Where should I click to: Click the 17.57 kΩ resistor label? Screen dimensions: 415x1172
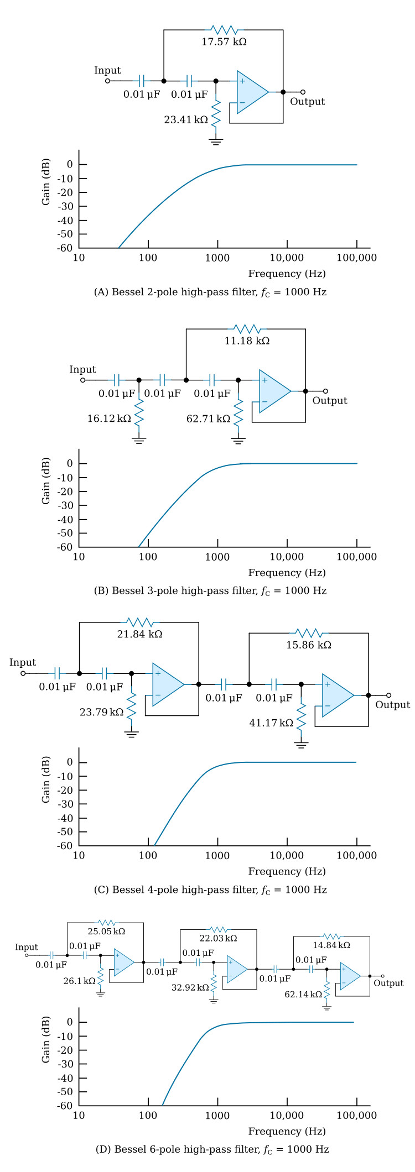pyautogui.click(x=224, y=41)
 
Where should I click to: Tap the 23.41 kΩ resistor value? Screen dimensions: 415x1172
pyautogui.click(x=186, y=119)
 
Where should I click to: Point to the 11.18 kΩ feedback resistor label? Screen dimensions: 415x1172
pyautogui.click(x=247, y=341)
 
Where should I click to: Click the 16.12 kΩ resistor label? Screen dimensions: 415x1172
pyautogui.click(x=109, y=418)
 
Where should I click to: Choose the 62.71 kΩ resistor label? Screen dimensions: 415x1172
pyautogui.click(x=208, y=418)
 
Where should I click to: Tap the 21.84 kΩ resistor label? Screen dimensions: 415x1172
pyautogui.click(x=139, y=634)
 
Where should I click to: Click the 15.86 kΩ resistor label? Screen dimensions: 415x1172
pyautogui.click(x=309, y=645)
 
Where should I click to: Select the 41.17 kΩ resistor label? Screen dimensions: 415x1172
pyautogui.click(x=271, y=723)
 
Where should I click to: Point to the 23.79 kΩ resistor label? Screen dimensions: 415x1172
pyautogui.click(x=102, y=712)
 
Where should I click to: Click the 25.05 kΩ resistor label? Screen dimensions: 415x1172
pyautogui.click(x=106, y=931)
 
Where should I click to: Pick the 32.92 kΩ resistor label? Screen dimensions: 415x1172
pyautogui.click(x=190, y=987)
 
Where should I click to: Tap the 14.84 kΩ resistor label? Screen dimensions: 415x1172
pyautogui.click(x=331, y=945)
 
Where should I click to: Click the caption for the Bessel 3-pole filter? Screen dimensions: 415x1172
pyautogui.click(x=210, y=591)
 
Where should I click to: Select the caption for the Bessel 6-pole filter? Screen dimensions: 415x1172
pyautogui.click(x=212, y=1149)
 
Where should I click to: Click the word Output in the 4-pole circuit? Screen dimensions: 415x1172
pyautogui.click(x=393, y=704)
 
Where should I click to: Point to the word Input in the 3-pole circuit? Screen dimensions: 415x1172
pyautogui.click(x=82, y=369)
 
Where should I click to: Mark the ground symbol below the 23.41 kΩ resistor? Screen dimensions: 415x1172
pyautogui.click(x=216, y=142)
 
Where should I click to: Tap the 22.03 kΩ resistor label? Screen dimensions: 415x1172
pyautogui.click(x=219, y=938)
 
